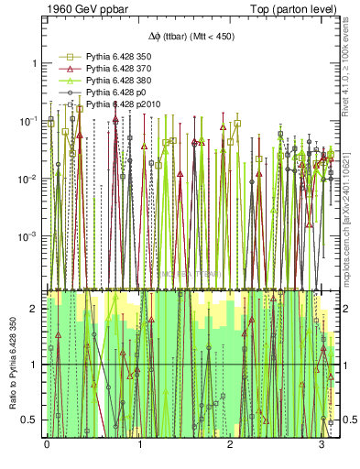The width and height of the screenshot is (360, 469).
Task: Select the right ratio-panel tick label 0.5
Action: point(350,420)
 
